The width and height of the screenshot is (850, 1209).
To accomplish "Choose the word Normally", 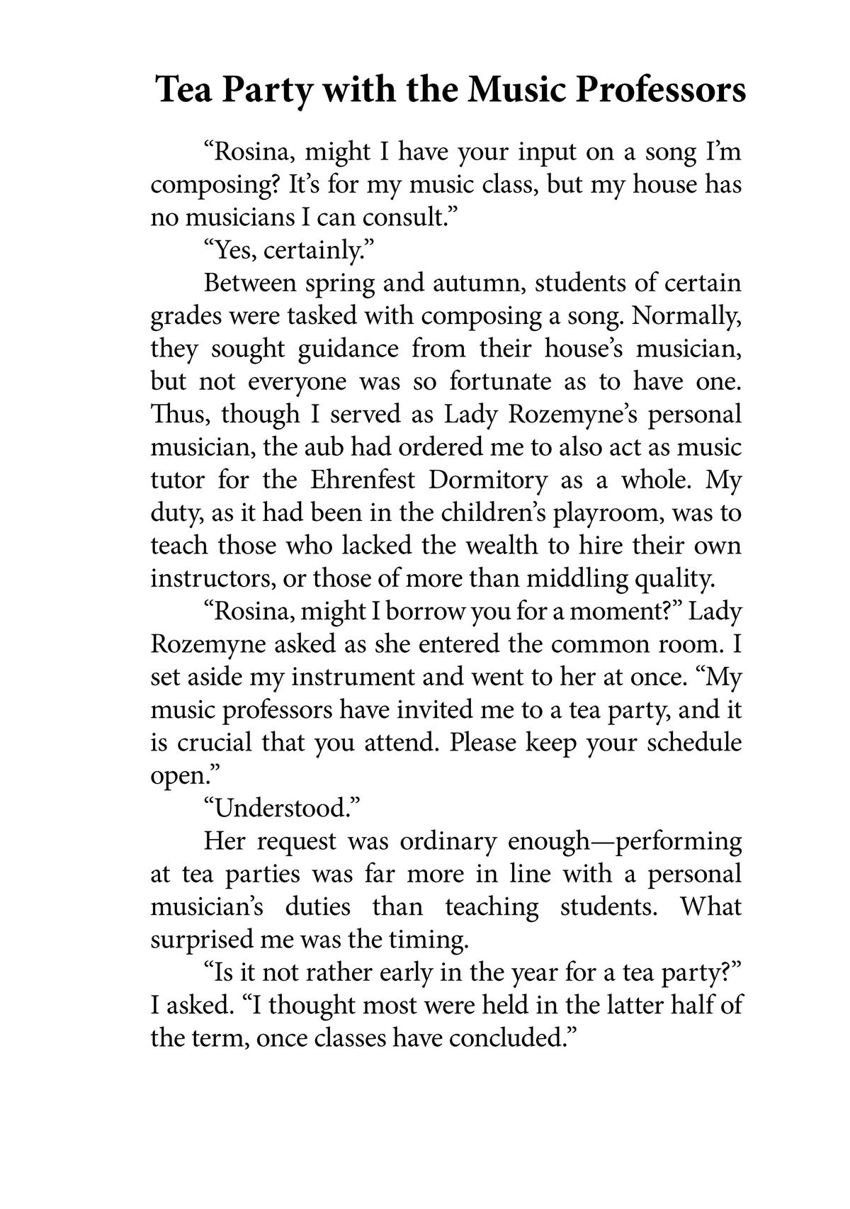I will [x=687, y=316].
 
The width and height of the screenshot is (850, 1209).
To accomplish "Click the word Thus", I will [x=176, y=415].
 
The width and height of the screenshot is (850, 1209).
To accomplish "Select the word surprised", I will [x=201, y=940].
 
